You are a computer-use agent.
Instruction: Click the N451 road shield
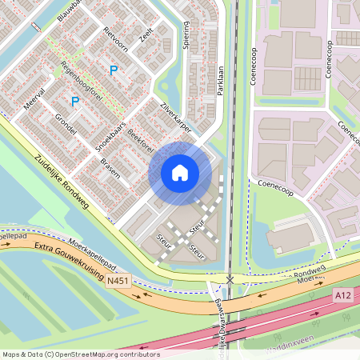(118, 280)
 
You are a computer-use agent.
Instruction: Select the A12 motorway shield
(342, 296)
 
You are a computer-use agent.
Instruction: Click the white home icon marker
(180, 173)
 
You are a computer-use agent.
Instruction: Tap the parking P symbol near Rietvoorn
(114, 70)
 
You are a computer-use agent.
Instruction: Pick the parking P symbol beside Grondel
(74, 102)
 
